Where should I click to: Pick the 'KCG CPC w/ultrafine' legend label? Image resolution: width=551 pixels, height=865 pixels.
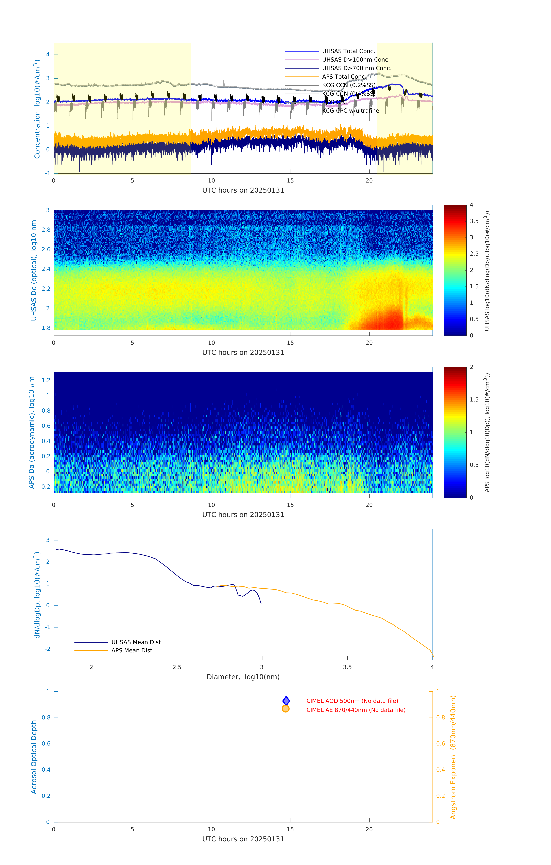point(350,111)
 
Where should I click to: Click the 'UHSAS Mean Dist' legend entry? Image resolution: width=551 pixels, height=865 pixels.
point(136,642)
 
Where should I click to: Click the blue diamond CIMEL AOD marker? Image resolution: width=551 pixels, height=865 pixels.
point(286,701)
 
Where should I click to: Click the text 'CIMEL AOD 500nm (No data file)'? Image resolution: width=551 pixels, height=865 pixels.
point(352,701)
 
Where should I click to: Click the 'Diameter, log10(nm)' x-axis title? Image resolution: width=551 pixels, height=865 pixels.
point(243,677)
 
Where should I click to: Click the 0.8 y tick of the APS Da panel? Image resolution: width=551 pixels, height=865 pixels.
point(46,411)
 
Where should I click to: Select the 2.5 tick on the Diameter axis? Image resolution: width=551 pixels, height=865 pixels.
point(177,667)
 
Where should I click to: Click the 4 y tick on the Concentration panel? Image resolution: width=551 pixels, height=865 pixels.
point(48,55)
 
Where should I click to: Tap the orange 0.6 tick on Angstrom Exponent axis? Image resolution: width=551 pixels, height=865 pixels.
point(441,744)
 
